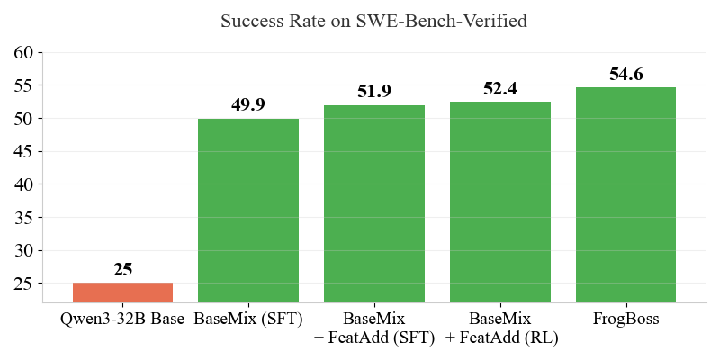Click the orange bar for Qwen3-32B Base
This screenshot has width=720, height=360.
pyautogui.click(x=122, y=292)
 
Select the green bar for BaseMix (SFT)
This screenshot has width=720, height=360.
pyautogui.click(x=248, y=211)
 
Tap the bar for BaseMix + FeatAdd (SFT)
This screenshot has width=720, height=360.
pyautogui.click(x=374, y=204)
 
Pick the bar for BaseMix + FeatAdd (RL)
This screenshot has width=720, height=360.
pyautogui.click(x=500, y=202)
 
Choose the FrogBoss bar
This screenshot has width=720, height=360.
pyautogui.click(x=625, y=195)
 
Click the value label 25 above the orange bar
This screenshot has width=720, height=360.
pyautogui.click(x=122, y=269)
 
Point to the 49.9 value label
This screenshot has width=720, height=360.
pyautogui.click(x=248, y=104)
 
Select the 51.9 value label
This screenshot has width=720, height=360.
pyautogui.click(x=374, y=91)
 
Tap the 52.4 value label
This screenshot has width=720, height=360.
pyautogui.click(x=500, y=88)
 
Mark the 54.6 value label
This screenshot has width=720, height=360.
pyautogui.click(x=625, y=74)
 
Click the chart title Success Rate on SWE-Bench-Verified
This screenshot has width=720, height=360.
pyautogui.click(x=373, y=21)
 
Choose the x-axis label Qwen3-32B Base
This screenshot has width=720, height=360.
pyautogui.click(x=122, y=319)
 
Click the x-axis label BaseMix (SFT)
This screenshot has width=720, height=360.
pyautogui.click(x=248, y=319)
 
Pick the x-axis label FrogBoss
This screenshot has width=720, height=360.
pyautogui.click(x=625, y=319)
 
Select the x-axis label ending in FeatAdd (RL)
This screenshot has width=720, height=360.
pyautogui.click(x=500, y=337)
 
